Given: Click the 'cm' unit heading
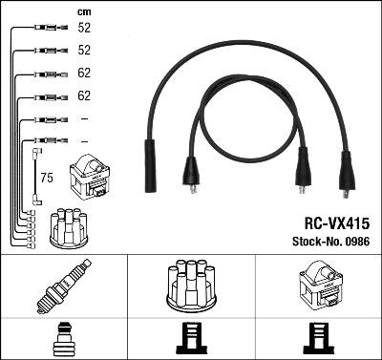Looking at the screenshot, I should (84, 11).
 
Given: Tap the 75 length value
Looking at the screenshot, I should (45, 176).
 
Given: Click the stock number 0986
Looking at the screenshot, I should (359, 242).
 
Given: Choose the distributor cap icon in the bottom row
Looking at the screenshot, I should (191, 284).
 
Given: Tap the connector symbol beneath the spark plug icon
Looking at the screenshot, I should (64, 338).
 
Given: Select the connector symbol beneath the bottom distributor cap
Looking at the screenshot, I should (191, 338).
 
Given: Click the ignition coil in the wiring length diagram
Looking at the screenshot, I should (90, 178).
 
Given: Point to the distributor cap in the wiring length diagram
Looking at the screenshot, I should (68, 227).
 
